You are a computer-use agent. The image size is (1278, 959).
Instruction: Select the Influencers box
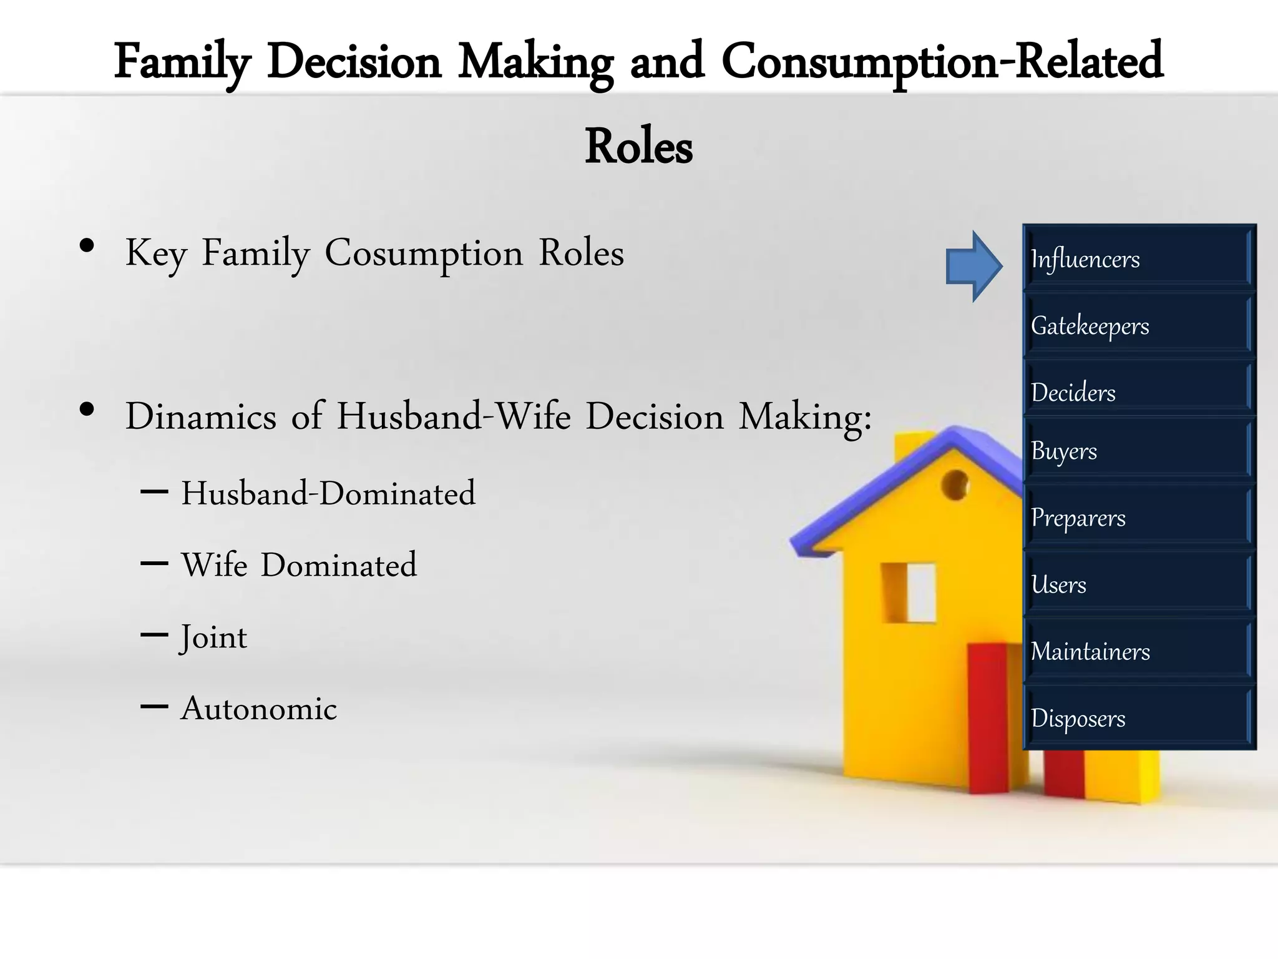[x=1138, y=258]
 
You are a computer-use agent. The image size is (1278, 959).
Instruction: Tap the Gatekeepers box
[x=1138, y=325]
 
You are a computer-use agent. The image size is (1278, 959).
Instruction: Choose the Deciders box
[x=1138, y=391]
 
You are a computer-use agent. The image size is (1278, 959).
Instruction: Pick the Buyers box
[x=1138, y=450]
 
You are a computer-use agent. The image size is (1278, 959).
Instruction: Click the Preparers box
[x=1138, y=517]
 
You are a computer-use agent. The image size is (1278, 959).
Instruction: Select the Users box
[x=1138, y=584]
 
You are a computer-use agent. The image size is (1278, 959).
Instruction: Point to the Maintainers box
[x=1138, y=651]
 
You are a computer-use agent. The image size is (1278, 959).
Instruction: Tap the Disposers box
[x=1138, y=717]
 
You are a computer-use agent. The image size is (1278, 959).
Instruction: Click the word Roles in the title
[x=638, y=147]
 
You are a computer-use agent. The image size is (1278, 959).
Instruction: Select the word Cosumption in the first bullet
[x=424, y=253]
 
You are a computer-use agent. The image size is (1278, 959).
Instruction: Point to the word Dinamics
[x=200, y=416]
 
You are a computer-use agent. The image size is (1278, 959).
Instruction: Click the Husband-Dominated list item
[x=328, y=493]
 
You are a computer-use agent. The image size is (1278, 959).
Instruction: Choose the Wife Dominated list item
[x=299, y=565]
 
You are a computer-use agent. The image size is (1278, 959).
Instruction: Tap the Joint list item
[x=213, y=637]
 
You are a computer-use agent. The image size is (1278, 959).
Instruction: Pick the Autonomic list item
[x=258, y=709]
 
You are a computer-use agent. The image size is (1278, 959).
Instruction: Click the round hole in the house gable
[x=954, y=484]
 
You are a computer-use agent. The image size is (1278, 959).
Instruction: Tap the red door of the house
[x=987, y=718]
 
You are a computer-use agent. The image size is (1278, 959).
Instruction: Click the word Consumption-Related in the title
[x=942, y=62]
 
